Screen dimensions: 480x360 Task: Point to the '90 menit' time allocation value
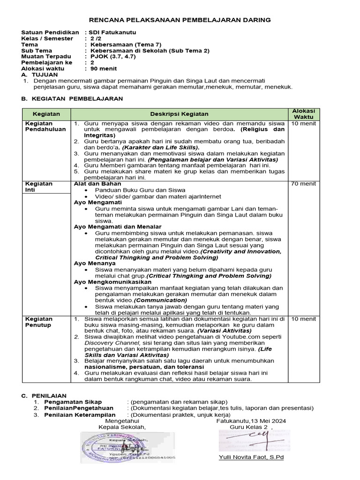(105, 68)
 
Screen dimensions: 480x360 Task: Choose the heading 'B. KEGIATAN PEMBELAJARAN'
(72, 99)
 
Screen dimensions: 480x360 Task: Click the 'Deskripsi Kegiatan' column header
(179, 114)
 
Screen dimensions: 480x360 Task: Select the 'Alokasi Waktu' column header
(303, 113)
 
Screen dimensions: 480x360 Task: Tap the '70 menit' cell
(303, 184)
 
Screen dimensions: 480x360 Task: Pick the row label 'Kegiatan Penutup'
(38, 322)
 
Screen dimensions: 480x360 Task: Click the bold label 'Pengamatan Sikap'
(72, 402)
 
